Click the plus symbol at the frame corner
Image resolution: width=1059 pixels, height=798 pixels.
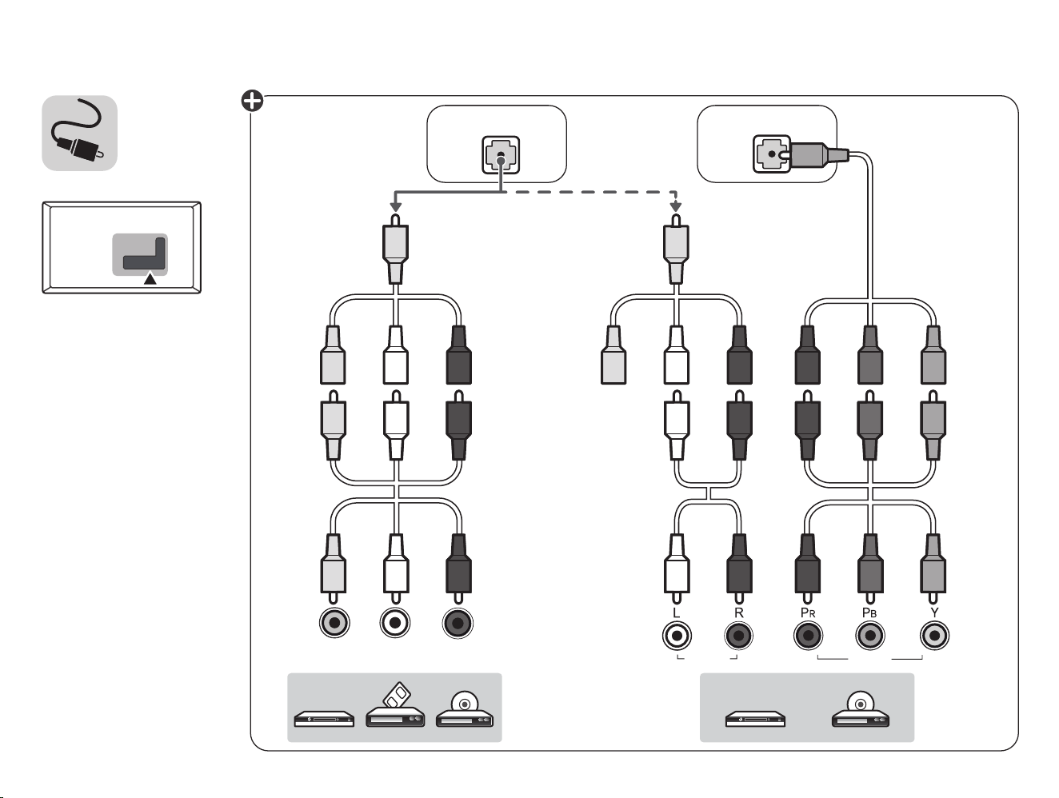pyautogui.click(x=252, y=102)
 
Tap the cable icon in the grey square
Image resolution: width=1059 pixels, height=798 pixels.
pyautogui.click(x=78, y=131)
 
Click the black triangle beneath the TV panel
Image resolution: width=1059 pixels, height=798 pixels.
pyautogui.click(x=150, y=279)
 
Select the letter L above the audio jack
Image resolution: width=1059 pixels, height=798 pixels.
pyautogui.click(x=677, y=612)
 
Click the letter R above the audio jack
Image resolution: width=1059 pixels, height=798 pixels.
pyautogui.click(x=738, y=612)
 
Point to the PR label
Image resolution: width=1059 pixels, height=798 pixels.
pyautogui.click(x=808, y=612)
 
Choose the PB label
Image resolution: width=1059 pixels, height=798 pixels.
pyautogui.click(x=869, y=612)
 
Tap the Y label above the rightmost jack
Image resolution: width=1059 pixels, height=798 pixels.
pyautogui.click(x=934, y=612)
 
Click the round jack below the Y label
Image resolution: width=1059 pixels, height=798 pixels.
pyautogui.click(x=934, y=636)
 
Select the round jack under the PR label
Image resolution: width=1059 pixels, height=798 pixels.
pyautogui.click(x=808, y=636)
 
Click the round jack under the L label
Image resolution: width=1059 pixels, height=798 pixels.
pyautogui.click(x=677, y=636)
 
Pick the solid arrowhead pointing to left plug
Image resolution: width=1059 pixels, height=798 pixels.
pyautogui.click(x=396, y=206)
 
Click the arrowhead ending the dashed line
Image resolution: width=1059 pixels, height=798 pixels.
pyautogui.click(x=676, y=206)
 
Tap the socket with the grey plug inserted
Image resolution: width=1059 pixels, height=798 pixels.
pyautogui.click(x=771, y=154)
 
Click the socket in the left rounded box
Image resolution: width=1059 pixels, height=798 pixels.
pyautogui.click(x=501, y=155)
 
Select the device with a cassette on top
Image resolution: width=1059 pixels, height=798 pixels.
pyautogui.click(x=395, y=705)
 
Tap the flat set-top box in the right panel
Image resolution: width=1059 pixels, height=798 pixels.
pyautogui.click(x=755, y=719)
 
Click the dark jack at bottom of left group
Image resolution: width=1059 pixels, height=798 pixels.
pyautogui.click(x=458, y=624)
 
